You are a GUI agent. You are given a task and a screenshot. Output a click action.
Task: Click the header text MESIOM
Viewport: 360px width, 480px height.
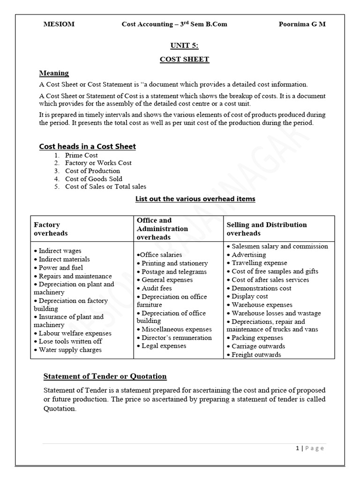(59, 24)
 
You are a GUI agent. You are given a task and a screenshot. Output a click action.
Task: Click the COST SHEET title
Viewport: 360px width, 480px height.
(184, 60)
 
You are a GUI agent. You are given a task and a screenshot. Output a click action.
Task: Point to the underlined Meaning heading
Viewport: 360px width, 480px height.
(54, 73)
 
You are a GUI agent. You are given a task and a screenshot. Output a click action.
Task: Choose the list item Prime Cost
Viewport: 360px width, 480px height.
(82, 155)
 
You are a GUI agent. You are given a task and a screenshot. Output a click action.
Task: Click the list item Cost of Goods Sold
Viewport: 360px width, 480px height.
(94, 179)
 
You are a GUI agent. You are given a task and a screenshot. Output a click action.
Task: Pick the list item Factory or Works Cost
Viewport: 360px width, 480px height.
(98, 163)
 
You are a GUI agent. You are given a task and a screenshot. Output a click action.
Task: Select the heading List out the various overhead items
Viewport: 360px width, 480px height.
(195, 199)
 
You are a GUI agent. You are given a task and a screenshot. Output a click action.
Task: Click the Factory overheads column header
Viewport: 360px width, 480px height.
(51, 229)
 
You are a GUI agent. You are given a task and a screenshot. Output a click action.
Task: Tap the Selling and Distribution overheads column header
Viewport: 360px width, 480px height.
(267, 229)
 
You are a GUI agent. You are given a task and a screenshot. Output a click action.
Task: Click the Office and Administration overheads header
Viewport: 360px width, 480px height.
(162, 229)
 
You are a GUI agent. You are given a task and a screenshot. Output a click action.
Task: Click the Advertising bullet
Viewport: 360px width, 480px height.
(248, 255)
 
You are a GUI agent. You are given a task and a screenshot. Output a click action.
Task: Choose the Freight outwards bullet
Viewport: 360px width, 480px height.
(256, 355)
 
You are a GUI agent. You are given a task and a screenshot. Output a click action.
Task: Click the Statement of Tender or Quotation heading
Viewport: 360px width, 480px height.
(105, 376)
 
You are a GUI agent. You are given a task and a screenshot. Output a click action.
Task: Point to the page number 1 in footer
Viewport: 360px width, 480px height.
(298, 448)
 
